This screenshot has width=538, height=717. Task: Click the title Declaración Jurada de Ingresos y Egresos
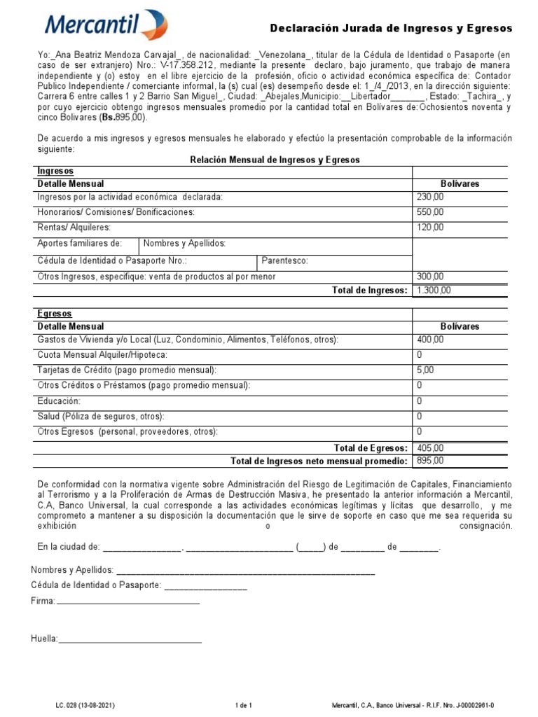(392, 29)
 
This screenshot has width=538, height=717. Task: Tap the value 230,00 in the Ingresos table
(430, 197)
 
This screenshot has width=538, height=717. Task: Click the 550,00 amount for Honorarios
(430, 212)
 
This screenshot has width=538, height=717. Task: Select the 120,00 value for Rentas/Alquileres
(430, 228)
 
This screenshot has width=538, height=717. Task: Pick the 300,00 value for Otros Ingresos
(430, 277)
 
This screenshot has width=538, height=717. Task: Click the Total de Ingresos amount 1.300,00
(434, 291)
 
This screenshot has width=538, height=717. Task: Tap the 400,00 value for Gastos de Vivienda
(430, 340)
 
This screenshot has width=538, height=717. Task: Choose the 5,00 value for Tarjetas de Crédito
(425, 370)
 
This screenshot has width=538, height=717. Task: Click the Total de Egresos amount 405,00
(430, 447)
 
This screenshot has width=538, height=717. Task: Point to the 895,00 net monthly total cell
(430, 461)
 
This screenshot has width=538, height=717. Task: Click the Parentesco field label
(284, 261)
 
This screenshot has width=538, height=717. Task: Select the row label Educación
(59, 401)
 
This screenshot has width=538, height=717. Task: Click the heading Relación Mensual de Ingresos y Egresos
(275, 160)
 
